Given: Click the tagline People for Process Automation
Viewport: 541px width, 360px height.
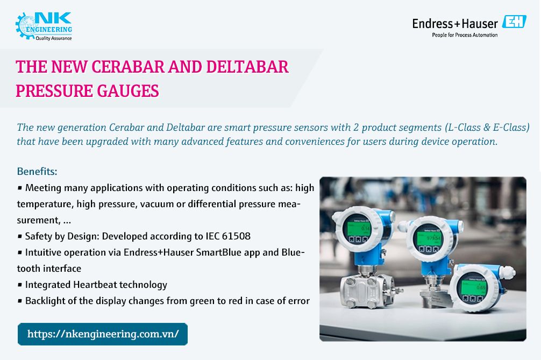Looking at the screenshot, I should point(465,35).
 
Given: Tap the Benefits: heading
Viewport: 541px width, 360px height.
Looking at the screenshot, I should point(37,172).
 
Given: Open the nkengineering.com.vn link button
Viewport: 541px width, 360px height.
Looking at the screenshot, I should point(103,334).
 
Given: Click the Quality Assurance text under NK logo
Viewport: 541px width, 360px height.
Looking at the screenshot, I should point(53,38).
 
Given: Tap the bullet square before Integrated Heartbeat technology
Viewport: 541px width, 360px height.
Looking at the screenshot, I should point(20,285).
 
